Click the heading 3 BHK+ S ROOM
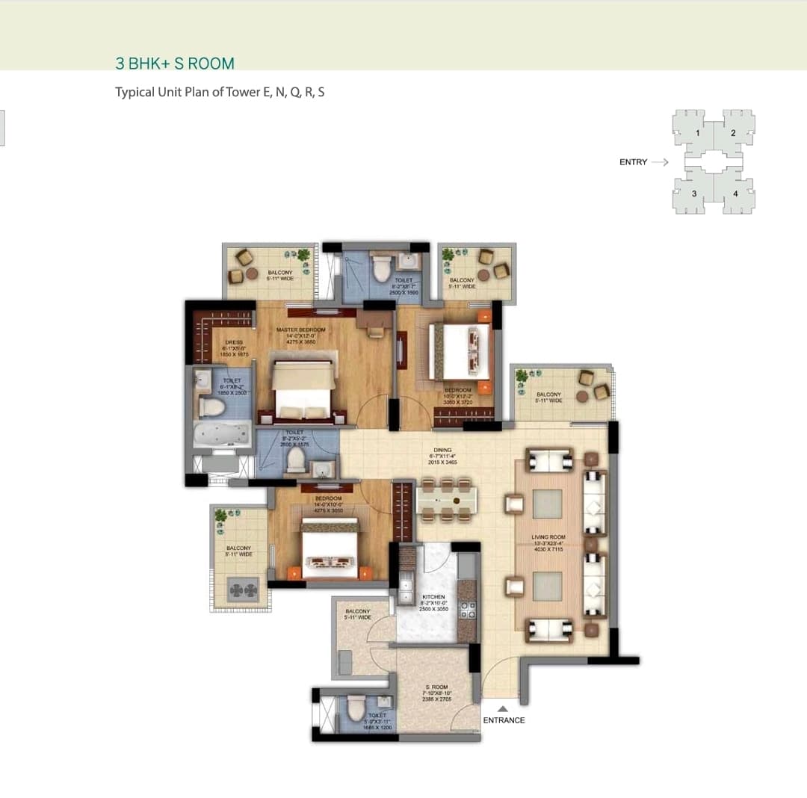click(175, 64)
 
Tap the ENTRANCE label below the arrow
click(504, 720)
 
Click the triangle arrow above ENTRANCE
click(503, 708)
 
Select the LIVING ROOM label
click(548, 537)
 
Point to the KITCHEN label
click(433, 597)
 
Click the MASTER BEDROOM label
click(300, 330)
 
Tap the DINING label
click(442, 450)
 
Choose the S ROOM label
click(436, 687)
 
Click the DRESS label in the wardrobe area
click(234, 342)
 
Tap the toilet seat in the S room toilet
click(356, 708)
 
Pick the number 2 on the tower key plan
click(733, 133)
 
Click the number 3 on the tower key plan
click(694, 194)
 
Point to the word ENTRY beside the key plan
click(633, 162)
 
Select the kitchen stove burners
click(467, 610)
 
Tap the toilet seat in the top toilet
click(381, 267)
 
